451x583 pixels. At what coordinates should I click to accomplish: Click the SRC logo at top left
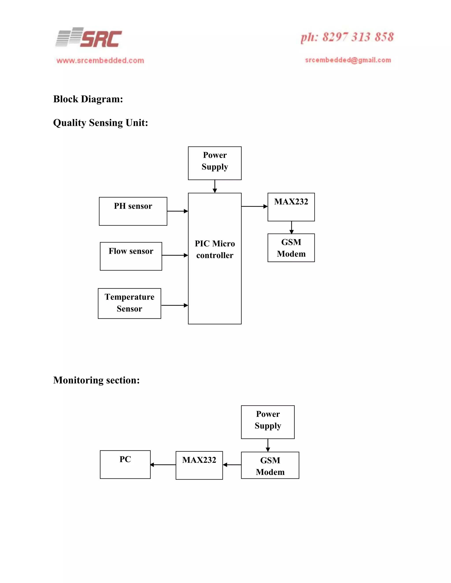tap(89, 38)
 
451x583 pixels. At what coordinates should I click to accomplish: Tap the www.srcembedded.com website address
tap(100, 60)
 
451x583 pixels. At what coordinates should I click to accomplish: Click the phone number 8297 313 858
tap(347, 37)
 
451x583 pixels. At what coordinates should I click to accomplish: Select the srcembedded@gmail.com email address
tap(348, 60)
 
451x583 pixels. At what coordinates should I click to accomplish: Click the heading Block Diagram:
tap(88, 99)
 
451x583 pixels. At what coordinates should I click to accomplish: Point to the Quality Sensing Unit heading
tap(100, 123)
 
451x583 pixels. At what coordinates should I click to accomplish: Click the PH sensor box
tap(133, 211)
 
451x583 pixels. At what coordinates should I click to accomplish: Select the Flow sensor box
tap(131, 256)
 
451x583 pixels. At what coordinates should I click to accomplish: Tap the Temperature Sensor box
tap(129, 303)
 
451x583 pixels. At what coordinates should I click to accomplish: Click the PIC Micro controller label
tap(215, 249)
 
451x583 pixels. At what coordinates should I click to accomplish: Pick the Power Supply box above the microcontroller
tap(214, 163)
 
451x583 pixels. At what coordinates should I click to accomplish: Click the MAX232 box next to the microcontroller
tap(291, 207)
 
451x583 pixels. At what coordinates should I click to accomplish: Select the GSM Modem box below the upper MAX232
tap(291, 248)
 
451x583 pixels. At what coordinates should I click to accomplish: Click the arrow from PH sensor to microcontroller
tap(177, 211)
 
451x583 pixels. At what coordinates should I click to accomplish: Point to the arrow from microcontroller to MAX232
tap(254, 206)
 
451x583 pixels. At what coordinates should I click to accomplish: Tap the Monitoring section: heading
tap(96, 380)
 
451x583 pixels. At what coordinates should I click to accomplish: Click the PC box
tap(125, 464)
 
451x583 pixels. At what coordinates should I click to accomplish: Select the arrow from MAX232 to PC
tap(163, 465)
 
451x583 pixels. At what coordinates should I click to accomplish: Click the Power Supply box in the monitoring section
tap(268, 422)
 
